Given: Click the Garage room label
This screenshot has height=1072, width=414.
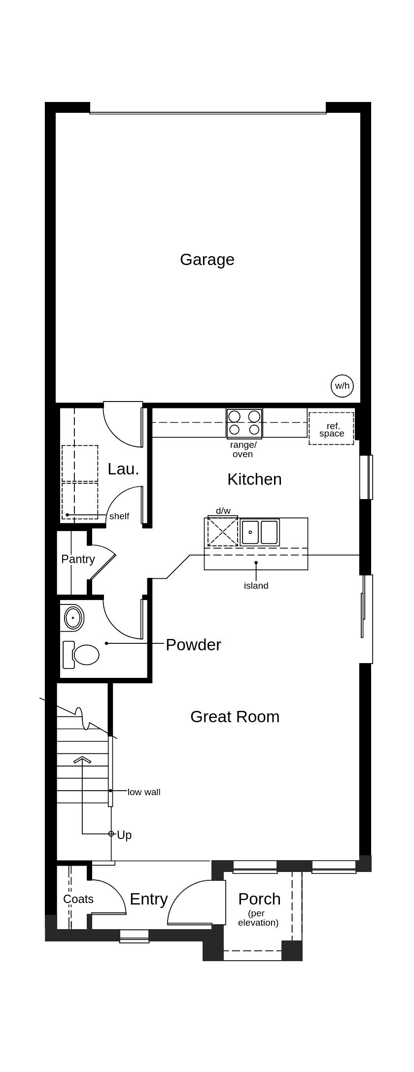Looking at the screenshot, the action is click(207, 260).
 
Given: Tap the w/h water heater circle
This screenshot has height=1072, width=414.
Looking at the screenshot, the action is click(343, 386).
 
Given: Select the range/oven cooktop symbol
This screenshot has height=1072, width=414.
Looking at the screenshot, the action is click(244, 423).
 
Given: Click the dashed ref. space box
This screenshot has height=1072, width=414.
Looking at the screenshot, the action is click(331, 429).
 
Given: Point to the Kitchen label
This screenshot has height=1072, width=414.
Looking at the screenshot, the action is click(254, 479).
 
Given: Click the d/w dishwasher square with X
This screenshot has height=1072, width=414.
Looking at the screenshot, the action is click(223, 531).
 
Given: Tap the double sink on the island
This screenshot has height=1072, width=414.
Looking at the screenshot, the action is click(260, 532).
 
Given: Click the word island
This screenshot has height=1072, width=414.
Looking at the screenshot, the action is click(256, 586).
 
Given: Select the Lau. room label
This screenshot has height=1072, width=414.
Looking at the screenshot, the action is click(123, 469).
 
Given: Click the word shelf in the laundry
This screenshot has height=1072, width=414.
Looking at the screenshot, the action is click(119, 516).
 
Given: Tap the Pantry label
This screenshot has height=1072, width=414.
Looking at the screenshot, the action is click(78, 559).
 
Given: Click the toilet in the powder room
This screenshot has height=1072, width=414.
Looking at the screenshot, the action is click(81, 655).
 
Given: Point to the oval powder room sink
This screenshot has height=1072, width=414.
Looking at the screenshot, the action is click(74, 617).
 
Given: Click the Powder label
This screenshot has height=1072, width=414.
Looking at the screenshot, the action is click(193, 644).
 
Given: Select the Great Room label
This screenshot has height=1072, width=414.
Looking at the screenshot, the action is click(235, 716).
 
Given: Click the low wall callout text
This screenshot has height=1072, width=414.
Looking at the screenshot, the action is click(144, 792).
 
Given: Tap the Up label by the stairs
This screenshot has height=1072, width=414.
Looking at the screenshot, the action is click(124, 835).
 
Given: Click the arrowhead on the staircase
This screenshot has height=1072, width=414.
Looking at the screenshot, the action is click(82, 759).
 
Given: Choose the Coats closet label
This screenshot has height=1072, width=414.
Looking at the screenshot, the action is click(78, 899).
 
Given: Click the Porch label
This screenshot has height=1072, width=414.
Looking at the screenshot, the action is click(259, 899).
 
